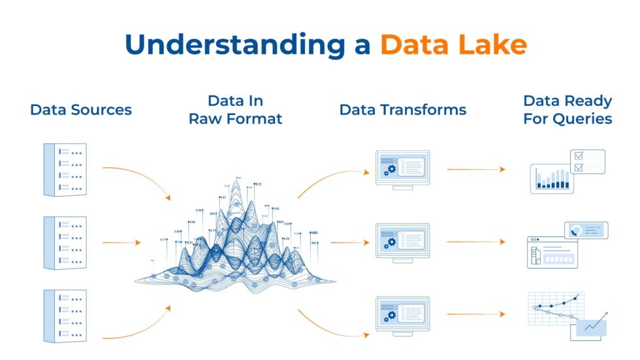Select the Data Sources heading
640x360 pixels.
(81, 110)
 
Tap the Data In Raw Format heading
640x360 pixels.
(236, 110)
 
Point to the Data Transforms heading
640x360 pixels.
(403, 110)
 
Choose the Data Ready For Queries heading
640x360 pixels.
(568, 110)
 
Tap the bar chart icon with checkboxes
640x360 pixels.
(566, 171)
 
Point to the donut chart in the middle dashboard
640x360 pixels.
(576, 230)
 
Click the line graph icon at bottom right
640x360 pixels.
(566, 316)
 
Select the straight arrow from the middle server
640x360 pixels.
(121, 243)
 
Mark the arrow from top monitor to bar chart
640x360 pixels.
(475, 169)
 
